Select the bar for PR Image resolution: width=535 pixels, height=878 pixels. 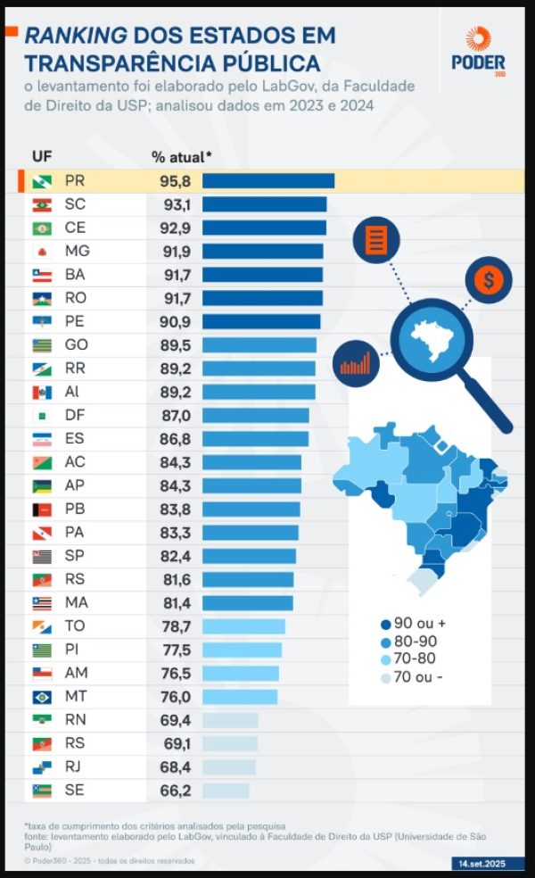267,181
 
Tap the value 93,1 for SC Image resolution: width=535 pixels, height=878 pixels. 176,204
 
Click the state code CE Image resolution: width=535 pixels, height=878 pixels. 76,228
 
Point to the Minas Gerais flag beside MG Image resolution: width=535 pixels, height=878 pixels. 42,252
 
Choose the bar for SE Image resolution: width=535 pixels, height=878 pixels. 226,791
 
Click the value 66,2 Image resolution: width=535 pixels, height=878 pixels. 176,791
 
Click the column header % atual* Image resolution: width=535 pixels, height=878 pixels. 181,157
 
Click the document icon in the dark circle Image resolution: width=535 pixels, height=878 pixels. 376,239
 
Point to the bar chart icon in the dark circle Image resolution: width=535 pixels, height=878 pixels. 355,363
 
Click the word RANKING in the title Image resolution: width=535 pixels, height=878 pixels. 74,36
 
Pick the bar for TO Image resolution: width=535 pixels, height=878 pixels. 243,626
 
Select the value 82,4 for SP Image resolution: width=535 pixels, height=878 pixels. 176,556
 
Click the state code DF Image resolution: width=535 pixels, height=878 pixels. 75,415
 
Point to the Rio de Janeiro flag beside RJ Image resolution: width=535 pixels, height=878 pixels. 42,767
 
